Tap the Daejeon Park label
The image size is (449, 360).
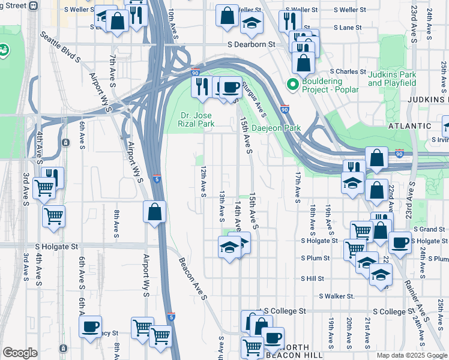pos(276,128)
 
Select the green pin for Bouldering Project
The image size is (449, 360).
pos(293,85)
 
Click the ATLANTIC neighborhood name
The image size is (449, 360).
pos(410,126)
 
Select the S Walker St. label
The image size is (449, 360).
pos(337,296)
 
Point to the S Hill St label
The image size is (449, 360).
pos(313,278)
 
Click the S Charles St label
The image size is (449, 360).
pos(343,71)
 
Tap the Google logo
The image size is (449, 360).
pos(20,353)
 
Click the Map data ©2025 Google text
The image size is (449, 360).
pos(412,355)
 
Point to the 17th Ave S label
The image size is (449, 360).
pos(298,187)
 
